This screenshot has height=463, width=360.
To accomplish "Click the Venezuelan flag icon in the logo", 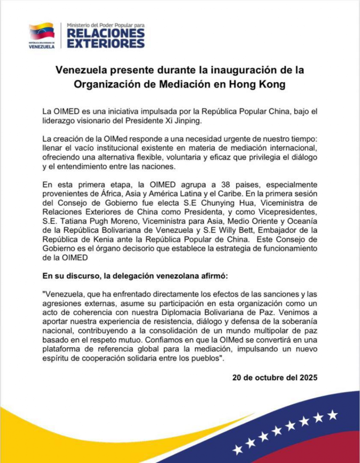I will [x=42, y=32].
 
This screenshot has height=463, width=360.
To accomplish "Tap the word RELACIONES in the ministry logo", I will [x=106, y=33].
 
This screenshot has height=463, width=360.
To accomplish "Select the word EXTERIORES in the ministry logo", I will [x=106, y=43].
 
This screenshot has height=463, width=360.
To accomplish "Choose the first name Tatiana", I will [x=72, y=222].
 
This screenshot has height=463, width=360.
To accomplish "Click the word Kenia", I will [x=95, y=240].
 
